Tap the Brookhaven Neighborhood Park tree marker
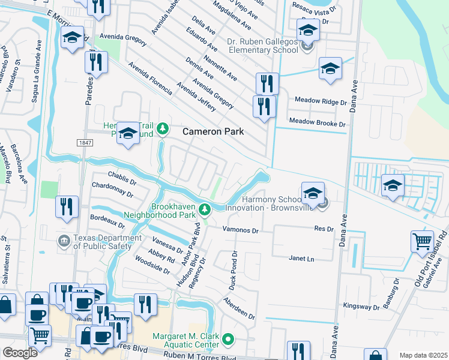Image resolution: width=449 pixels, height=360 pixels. [205, 209]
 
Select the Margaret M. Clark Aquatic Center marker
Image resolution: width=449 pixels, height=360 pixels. [228, 340]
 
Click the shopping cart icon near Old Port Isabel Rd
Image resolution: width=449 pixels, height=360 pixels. [422, 241]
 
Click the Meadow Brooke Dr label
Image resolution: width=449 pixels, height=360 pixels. [318, 122]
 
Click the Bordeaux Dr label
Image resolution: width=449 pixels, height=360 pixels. [107, 221]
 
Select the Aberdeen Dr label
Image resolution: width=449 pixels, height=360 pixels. [239, 308]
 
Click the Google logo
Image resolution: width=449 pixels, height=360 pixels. [20, 353]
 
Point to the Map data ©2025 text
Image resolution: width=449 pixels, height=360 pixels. [423, 355]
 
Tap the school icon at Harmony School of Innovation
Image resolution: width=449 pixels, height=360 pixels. [312, 193]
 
